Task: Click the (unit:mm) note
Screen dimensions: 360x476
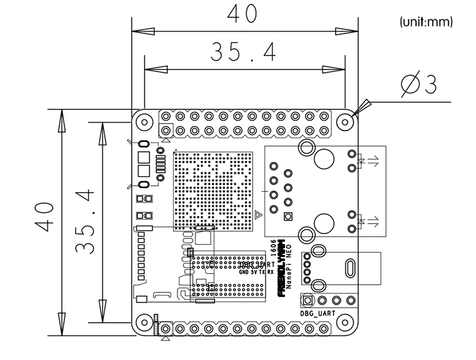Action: (426, 22)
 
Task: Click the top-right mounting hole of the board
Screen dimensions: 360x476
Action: (346, 120)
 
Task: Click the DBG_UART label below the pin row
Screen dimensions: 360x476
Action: (318, 313)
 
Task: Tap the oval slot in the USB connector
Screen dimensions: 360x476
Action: (351, 267)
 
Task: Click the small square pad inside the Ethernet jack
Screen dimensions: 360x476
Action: (288, 217)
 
